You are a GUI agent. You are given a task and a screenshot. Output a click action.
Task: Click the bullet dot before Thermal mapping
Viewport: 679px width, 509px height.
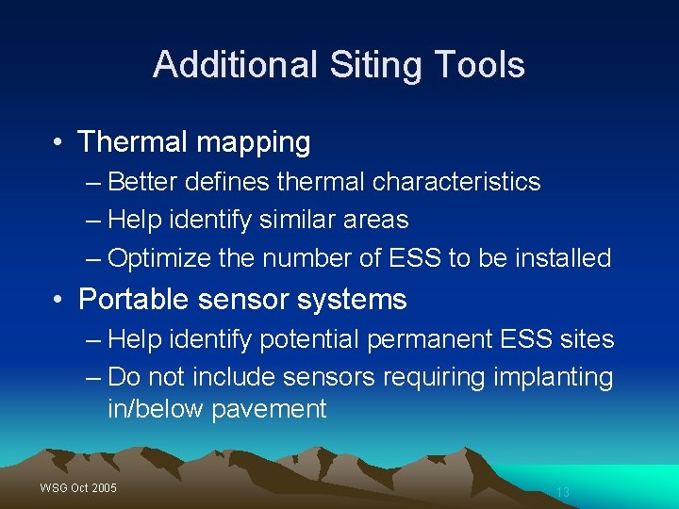coord(58,143)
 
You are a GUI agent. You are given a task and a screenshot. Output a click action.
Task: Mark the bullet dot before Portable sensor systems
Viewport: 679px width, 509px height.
coord(58,301)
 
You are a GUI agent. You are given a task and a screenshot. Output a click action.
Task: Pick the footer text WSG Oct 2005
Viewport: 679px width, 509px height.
coord(78,487)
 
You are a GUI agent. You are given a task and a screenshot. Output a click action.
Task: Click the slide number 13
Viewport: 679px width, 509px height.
coord(563,492)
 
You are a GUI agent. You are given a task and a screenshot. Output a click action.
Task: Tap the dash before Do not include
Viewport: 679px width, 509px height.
coord(92,377)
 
